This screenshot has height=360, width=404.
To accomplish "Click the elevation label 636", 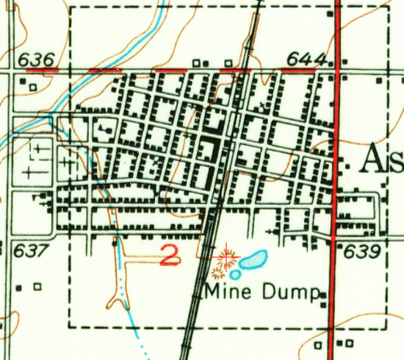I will click(37, 58).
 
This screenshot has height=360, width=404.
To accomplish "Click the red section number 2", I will click(170, 256).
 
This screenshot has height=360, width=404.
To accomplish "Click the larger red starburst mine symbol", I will click(227, 258).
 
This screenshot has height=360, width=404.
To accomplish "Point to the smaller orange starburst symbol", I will click(217, 273).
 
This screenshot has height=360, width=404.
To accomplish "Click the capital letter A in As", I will click(374, 158).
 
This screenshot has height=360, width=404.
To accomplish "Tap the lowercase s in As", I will click(395, 162).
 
